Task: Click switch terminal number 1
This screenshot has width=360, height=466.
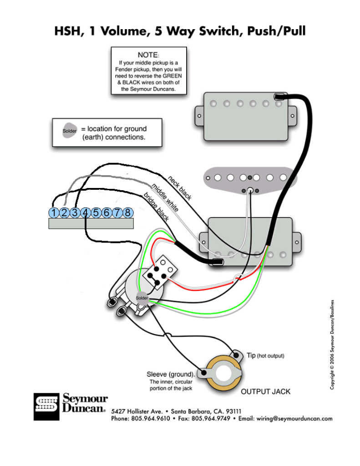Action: click(x=54, y=213)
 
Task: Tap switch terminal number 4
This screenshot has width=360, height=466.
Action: click(x=86, y=213)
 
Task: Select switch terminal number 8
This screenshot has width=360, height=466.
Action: click(x=128, y=213)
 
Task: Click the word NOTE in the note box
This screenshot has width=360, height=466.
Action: click(x=147, y=55)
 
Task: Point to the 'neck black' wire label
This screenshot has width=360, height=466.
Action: click(x=180, y=188)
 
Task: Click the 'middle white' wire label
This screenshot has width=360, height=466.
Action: click(x=165, y=198)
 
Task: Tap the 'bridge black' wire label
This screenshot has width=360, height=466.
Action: click(x=157, y=208)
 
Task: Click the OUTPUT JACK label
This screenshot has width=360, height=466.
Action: click(x=265, y=391)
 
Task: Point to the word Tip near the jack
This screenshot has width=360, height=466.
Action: click(x=251, y=355)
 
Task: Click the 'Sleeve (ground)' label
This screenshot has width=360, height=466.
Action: click(x=171, y=374)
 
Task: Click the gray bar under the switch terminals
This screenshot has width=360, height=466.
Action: click(x=91, y=223)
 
